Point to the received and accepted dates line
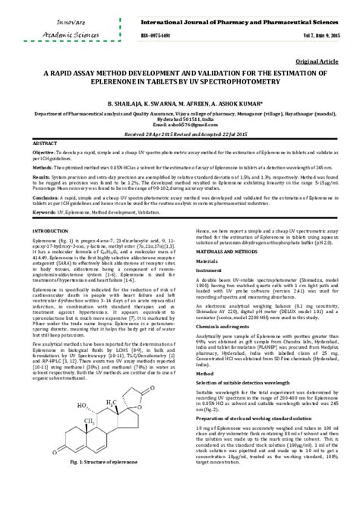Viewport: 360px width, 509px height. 180,134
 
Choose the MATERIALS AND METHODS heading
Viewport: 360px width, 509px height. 223,251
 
